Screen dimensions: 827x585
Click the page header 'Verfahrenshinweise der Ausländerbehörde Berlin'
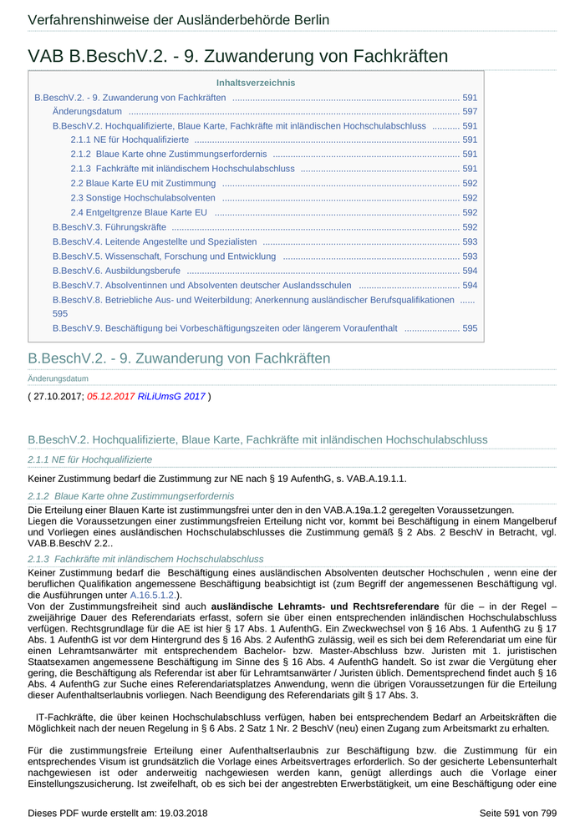pyautogui.click(x=178, y=20)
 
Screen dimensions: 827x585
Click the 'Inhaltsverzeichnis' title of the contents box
pyautogui.click(x=256, y=83)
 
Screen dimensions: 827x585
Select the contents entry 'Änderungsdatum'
pyautogui.click(x=87, y=111)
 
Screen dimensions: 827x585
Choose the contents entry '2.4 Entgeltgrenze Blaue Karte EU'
pyautogui.click(x=139, y=212)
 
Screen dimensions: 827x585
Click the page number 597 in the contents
pyautogui.click(x=470, y=111)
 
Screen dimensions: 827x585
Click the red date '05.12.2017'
pyautogui.click(x=110, y=396)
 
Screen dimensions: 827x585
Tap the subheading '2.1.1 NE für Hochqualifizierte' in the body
pyautogui.click(x=90, y=459)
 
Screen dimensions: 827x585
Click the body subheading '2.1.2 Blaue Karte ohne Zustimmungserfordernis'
pyautogui.click(x=131, y=495)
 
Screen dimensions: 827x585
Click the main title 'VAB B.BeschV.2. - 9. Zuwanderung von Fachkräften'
pyautogui.click(x=238, y=56)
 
